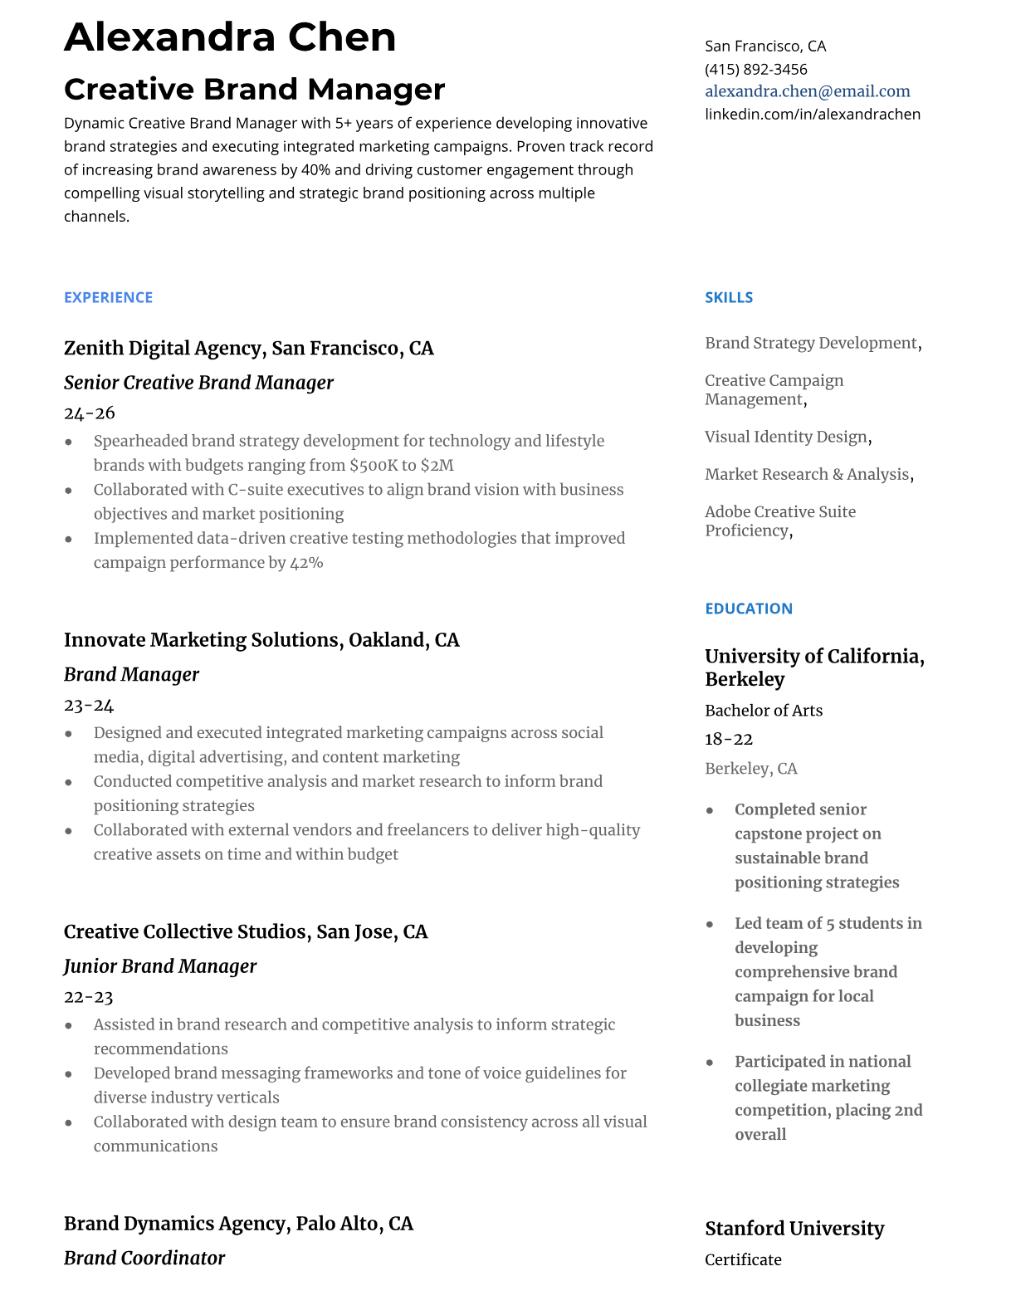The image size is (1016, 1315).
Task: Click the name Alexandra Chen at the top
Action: click(x=230, y=38)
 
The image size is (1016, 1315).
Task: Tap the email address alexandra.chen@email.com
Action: click(x=807, y=91)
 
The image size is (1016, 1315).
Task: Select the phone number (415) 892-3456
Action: click(x=755, y=69)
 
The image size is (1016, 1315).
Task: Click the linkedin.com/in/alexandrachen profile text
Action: click(x=812, y=114)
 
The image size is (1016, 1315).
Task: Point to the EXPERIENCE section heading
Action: click(x=108, y=297)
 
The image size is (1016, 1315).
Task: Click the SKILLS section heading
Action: click(x=728, y=297)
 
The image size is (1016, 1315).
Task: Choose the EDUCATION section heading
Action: click(x=748, y=609)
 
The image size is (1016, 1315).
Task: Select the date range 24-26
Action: click(x=90, y=413)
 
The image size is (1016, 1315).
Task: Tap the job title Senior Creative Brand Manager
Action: click(x=198, y=383)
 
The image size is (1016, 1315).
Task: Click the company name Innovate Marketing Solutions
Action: click(x=202, y=640)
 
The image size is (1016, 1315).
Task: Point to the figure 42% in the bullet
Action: click(x=306, y=563)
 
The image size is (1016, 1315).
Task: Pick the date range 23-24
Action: click(x=89, y=705)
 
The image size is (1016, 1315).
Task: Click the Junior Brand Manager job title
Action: click(x=160, y=966)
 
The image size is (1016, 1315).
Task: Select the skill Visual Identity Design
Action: click(x=786, y=437)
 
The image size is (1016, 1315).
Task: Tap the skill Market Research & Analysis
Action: click(x=807, y=474)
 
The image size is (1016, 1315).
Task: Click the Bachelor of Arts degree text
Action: click(x=763, y=711)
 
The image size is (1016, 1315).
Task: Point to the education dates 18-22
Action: click(x=728, y=739)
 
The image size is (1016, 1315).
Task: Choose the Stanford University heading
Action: click(x=794, y=1229)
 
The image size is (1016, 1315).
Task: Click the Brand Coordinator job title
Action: click(x=144, y=1259)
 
